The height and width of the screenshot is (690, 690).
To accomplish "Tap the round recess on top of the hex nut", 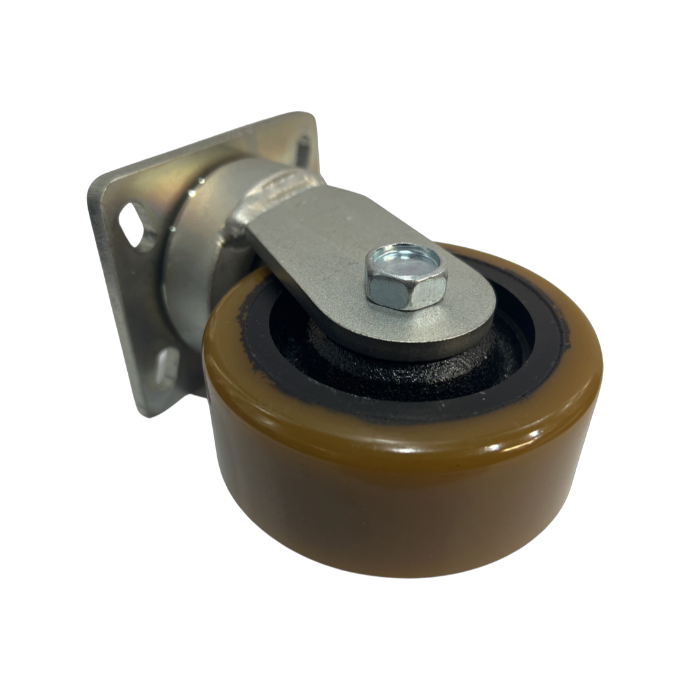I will coord(408,261).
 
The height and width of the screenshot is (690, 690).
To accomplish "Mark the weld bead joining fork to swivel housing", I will coord(240,220).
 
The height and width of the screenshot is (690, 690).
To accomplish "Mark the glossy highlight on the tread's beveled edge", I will coord(447,441).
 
